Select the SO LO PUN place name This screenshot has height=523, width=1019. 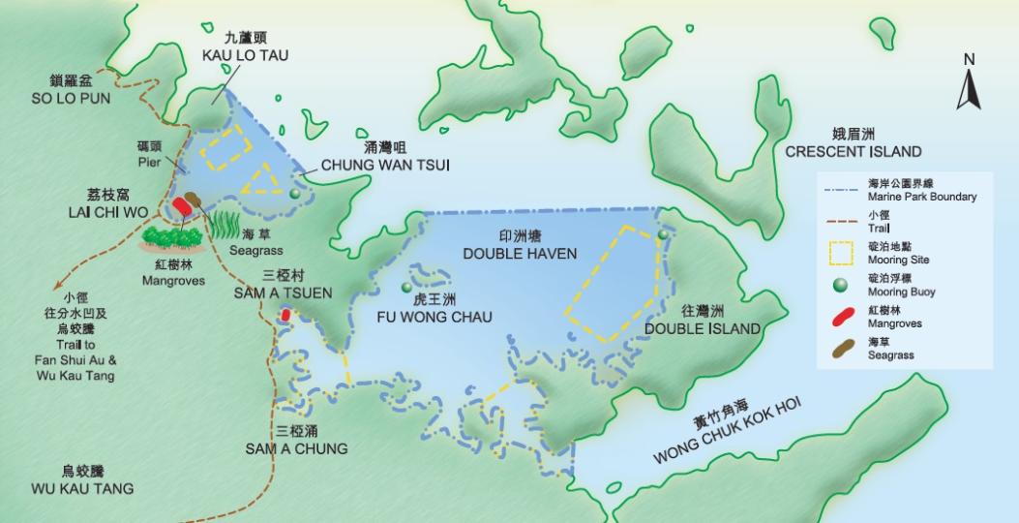[70, 98]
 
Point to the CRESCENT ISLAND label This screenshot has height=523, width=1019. [853, 151]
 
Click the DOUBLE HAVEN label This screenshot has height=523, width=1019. [520, 254]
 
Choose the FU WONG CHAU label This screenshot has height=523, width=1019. [435, 317]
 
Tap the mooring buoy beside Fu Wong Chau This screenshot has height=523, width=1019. [407, 288]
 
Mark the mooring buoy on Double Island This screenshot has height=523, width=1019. [663, 234]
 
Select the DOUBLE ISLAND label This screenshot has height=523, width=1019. [702, 328]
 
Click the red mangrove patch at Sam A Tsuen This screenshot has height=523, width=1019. [285, 317]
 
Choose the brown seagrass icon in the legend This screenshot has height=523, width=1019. [840, 349]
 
